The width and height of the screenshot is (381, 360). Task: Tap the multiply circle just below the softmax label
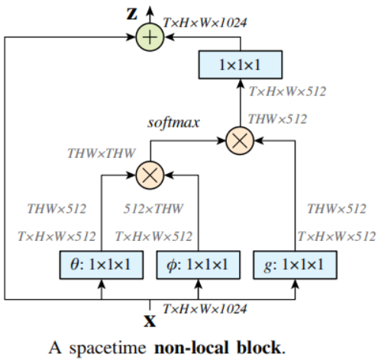click(239, 140)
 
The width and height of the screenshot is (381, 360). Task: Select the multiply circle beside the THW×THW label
click(149, 174)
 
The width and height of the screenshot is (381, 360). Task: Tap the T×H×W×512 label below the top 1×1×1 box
click(287, 92)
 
